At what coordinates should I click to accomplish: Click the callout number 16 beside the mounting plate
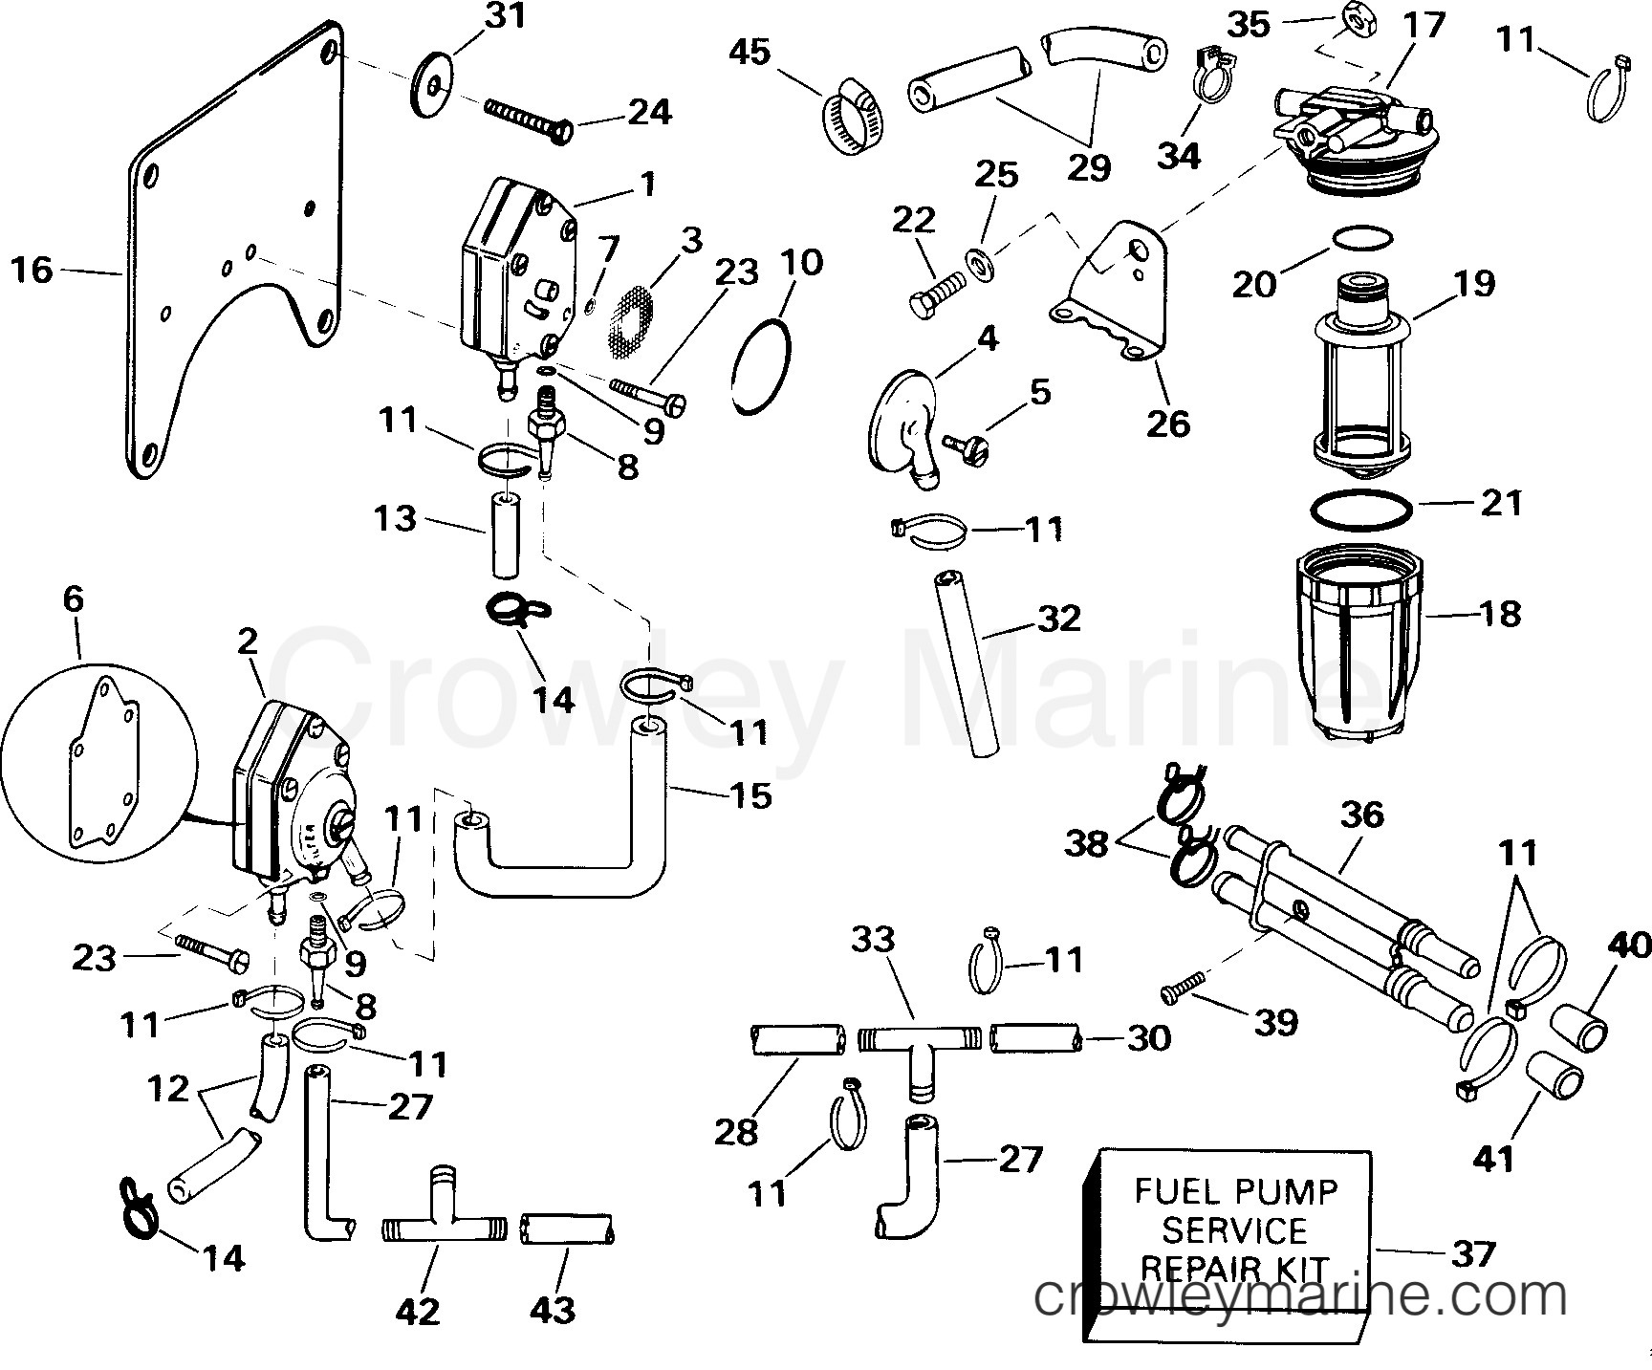tap(31, 271)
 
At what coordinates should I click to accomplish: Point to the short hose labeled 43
tap(569, 1229)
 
